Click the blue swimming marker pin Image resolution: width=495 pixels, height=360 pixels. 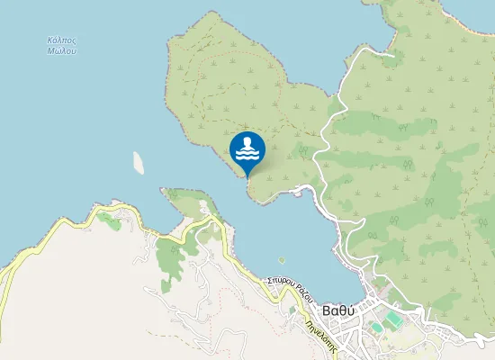(247, 151)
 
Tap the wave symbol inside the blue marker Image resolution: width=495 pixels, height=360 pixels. (247, 156)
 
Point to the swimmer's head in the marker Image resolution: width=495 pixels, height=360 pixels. (247, 142)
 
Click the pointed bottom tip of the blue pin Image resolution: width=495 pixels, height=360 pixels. (247, 176)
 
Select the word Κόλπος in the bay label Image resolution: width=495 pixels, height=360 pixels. (61, 40)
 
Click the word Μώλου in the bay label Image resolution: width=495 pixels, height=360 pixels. (61, 51)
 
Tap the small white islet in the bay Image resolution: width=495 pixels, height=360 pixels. (139, 162)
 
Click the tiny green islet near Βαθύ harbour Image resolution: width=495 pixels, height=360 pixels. (282, 261)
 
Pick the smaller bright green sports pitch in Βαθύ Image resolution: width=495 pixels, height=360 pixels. (375, 326)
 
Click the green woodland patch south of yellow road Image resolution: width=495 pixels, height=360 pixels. (168, 256)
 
